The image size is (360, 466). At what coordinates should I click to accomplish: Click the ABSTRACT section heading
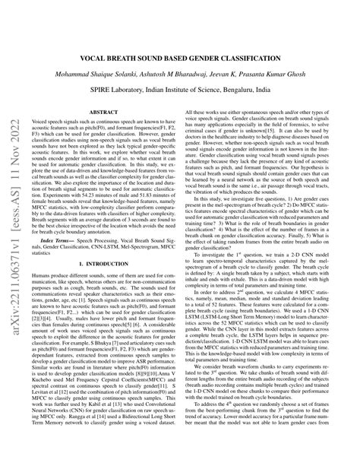point(103,112)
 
